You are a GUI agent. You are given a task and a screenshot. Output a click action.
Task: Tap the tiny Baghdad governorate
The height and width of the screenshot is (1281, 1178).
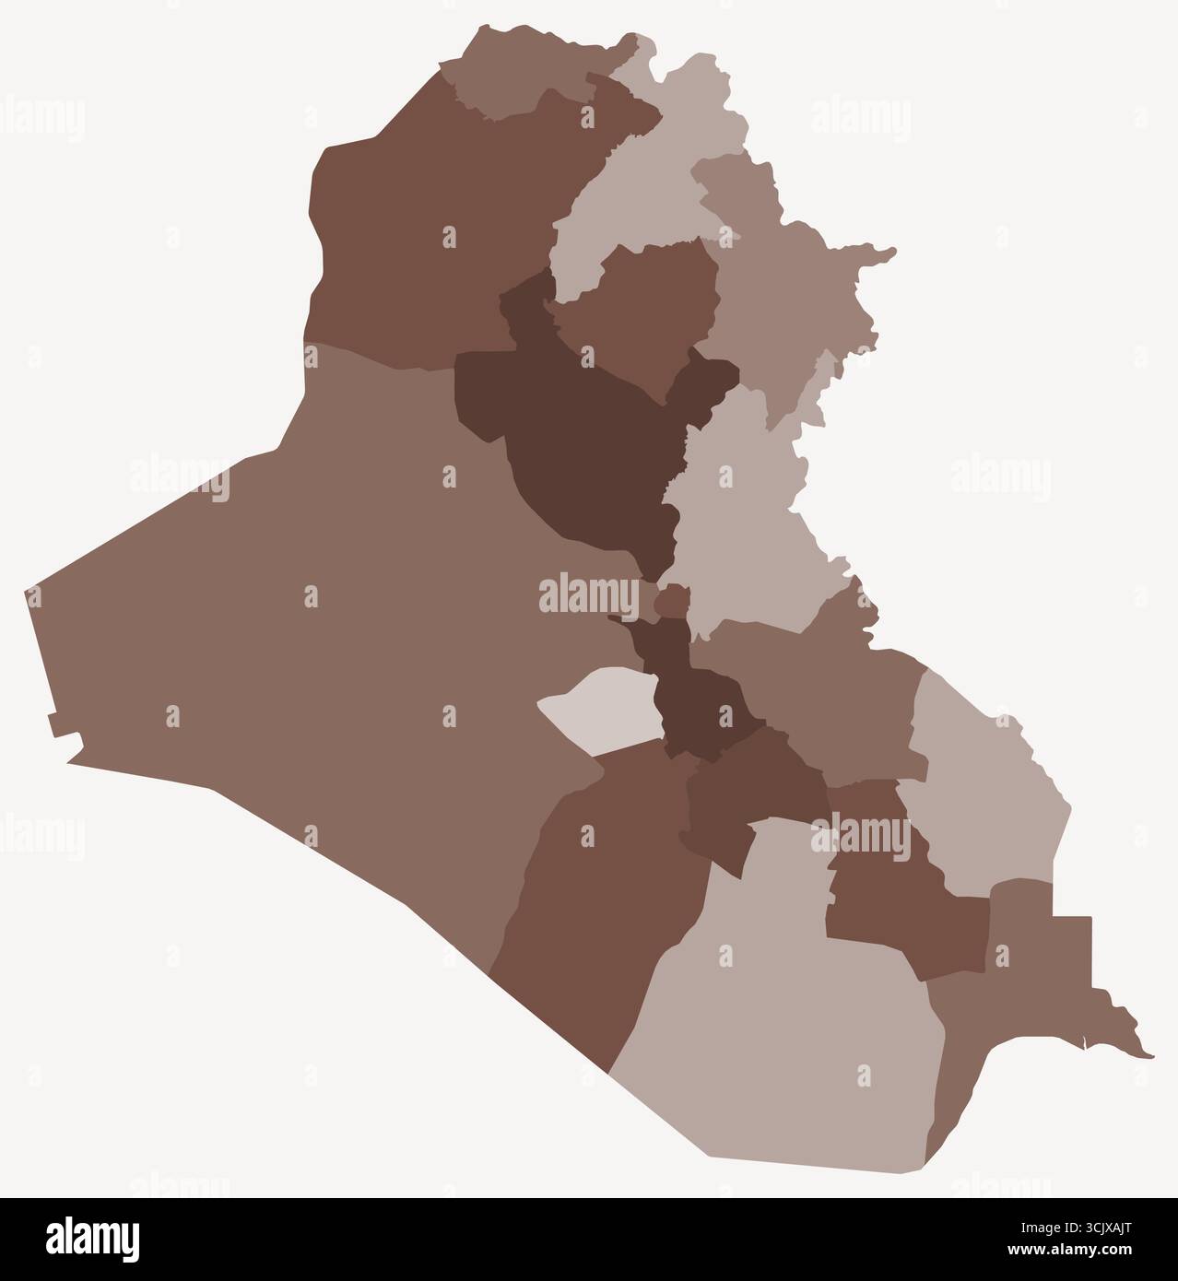click(670, 603)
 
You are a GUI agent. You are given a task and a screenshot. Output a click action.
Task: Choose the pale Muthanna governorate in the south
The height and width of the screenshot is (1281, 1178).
click(783, 1032)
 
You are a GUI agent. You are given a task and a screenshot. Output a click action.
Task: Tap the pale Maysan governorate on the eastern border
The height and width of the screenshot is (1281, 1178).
click(986, 793)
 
